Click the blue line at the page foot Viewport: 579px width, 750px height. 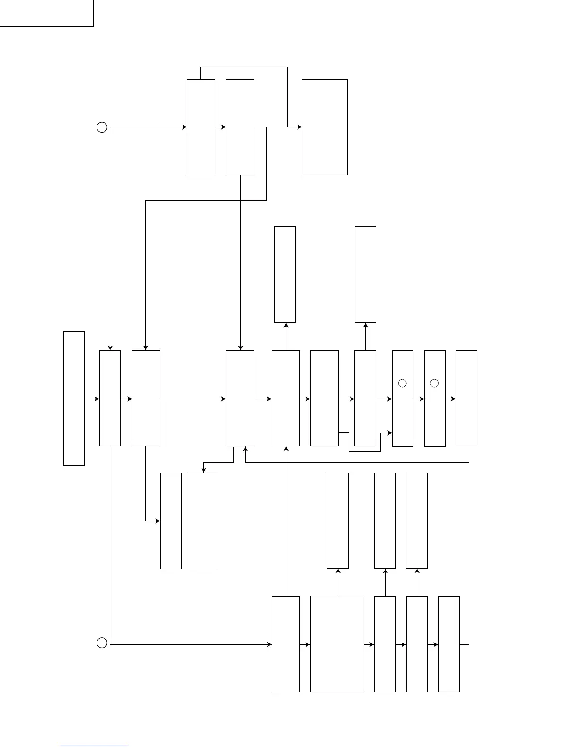pyautogui.click(x=94, y=746)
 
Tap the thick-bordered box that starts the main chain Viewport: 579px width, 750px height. pyautogui.click(x=74, y=399)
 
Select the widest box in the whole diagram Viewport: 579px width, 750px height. pyautogui.click(x=337, y=644)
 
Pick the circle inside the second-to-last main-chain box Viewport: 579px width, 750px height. pyautogui.click(x=435, y=383)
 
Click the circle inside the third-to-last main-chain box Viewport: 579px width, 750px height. pyautogui.click(x=403, y=383)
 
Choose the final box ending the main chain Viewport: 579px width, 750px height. pyautogui.click(x=466, y=399)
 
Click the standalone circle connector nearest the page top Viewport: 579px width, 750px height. pyautogui.click(x=102, y=127)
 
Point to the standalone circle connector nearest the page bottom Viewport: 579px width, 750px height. pyautogui.click(x=102, y=643)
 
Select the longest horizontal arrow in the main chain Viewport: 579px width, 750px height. pyautogui.click(x=193, y=399)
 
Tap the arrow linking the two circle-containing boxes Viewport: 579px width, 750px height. pyautogui.click(x=419, y=399)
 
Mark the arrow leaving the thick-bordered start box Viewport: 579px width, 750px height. pyautogui.click(x=92, y=399)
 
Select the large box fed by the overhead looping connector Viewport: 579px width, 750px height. pyautogui.click(x=325, y=127)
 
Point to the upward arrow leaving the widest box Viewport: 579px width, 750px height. pyautogui.click(x=338, y=582)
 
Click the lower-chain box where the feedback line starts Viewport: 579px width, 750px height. pyautogui.click(x=448, y=644)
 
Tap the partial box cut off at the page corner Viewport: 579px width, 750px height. pyautogui.click(x=46, y=13)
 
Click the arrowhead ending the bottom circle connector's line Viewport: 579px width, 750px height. pyautogui.click(x=269, y=644)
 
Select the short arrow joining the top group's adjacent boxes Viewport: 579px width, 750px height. pyautogui.click(x=220, y=127)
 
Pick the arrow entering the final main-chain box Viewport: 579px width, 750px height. pyautogui.click(x=450, y=399)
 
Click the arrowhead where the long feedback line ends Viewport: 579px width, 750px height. pyautogui.click(x=245, y=449)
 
